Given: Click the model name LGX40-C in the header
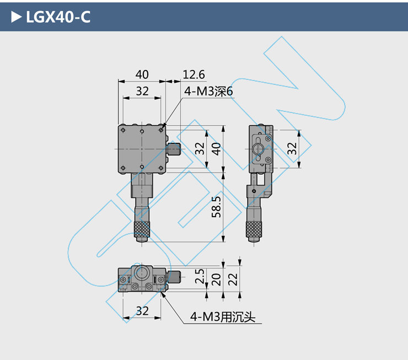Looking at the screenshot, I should (58, 17).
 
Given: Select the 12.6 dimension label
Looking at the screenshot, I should (194, 74).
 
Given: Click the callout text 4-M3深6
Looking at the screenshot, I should (208, 92).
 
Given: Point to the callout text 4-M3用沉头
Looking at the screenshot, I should (225, 316).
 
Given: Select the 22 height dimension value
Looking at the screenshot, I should (234, 279).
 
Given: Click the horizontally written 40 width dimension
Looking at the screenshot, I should (142, 74).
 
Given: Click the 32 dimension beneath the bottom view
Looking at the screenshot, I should (142, 311).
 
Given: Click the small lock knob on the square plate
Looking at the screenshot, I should (175, 149).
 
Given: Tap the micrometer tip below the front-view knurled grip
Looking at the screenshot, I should (142, 239).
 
